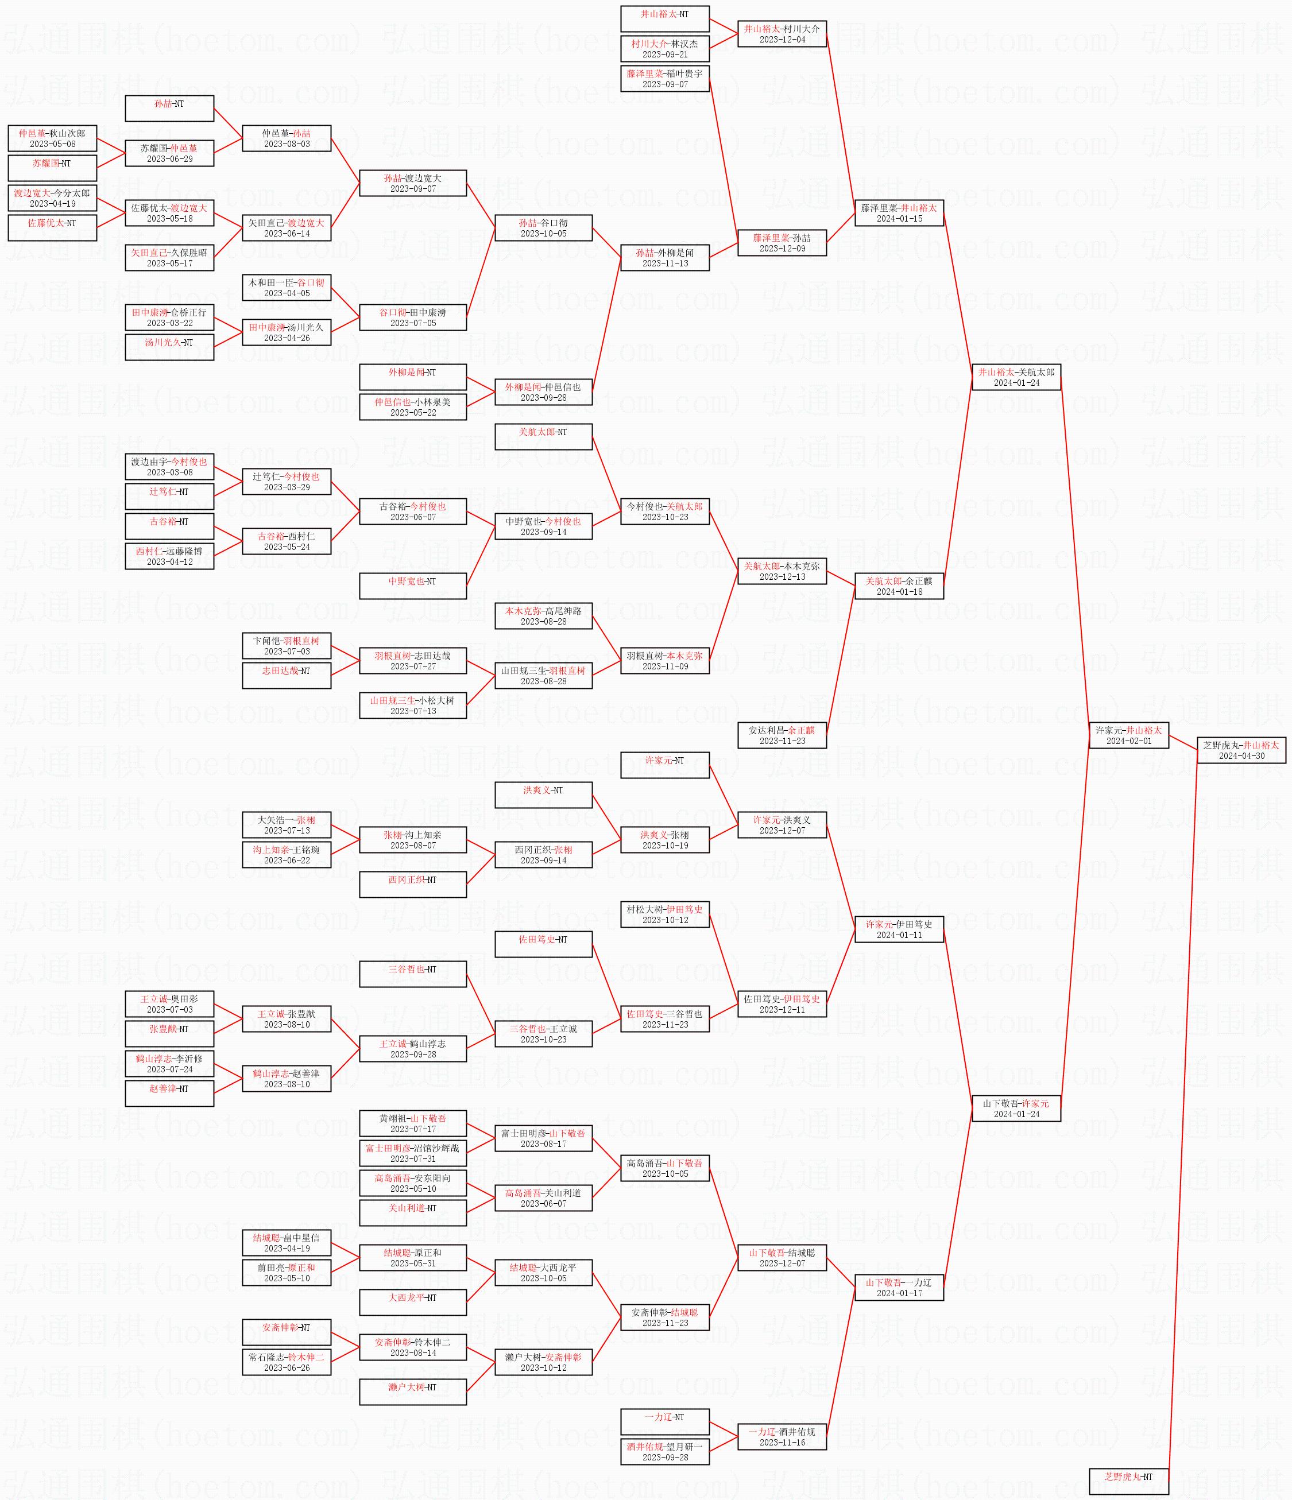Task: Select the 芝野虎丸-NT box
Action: tap(1128, 1481)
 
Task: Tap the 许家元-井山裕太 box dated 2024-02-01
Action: tap(1128, 735)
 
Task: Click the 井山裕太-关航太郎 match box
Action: tap(1016, 377)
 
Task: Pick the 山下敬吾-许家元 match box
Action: tap(1016, 1108)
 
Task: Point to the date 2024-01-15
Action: tap(899, 219)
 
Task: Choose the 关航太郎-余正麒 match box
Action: tap(899, 586)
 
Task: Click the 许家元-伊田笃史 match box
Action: tap(899, 929)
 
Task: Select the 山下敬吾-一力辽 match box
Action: tap(899, 1287)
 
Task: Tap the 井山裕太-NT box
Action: tap(665, 19)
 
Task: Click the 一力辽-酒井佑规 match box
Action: tap(782, 1437)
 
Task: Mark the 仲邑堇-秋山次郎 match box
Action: tap(52, 138)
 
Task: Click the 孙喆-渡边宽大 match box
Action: tap(413, 183)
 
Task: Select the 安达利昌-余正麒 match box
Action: tap(782, 735)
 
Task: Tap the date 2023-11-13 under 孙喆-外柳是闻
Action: tap(665, 263)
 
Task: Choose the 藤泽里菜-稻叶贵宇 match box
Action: tap(665, 78)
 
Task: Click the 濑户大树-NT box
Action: tap(413, 1392)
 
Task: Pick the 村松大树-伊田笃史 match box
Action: tap(665, 914)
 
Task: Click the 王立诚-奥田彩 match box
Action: tap(169, 1003)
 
